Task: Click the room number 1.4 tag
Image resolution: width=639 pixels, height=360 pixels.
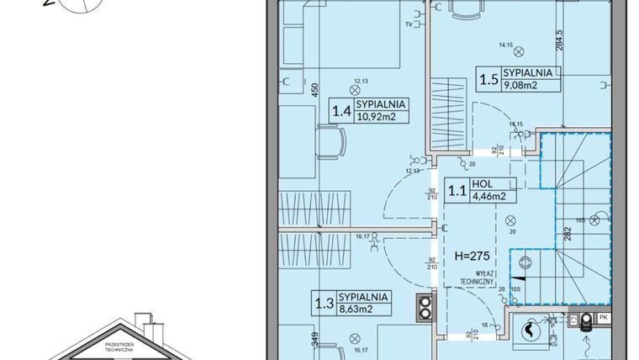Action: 341,110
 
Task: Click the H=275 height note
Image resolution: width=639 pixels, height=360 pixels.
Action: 472,255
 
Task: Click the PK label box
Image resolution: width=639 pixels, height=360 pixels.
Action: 604,319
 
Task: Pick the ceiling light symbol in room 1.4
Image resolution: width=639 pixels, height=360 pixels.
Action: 355,87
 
